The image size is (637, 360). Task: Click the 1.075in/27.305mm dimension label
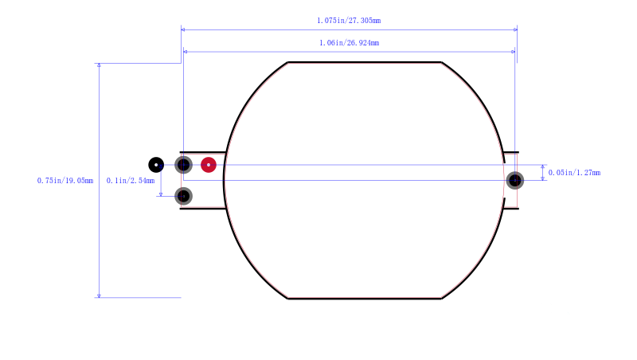click(349, 21)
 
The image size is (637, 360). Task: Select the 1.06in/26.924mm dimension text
click(349, 43)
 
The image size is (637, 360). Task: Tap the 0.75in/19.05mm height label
click(65, 181)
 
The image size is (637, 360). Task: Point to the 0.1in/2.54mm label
click(131, 181)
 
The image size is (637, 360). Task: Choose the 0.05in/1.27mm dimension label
click(574, 173)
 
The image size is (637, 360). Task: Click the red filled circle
click(209, 165)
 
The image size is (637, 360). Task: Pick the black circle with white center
click(156, 165)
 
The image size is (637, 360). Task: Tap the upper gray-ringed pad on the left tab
click(184, 165)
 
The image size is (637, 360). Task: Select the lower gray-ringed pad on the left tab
click(184, 196)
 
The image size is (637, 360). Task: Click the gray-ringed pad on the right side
click(514, 181)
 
